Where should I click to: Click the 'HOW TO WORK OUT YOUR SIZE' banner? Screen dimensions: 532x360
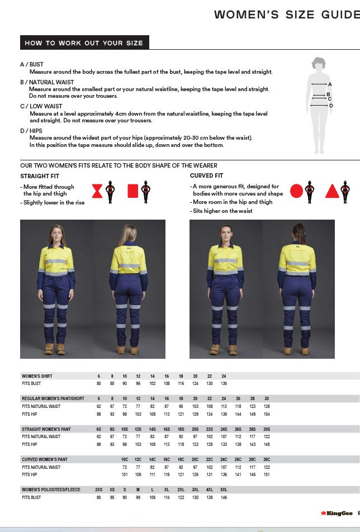coord(84,43)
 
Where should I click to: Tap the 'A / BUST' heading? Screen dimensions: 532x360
coord(32,65)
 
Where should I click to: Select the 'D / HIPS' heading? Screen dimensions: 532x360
coord(31,131)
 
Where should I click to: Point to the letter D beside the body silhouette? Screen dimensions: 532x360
coord(331,105)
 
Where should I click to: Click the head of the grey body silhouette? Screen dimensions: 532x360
coord(319,63)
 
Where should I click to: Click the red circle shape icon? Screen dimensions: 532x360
coord(296,191)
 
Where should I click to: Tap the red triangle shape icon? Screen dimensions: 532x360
coord(332,191)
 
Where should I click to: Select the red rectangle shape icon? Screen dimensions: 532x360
coord(133,191)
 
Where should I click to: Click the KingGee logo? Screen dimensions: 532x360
coord(337,513)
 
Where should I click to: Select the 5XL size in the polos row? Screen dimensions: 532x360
coord(224,490)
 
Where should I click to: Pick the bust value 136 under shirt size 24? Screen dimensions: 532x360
coord(224,383)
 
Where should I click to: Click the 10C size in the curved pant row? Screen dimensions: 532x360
coord(125,459)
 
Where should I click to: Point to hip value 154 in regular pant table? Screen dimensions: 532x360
coord(267,414)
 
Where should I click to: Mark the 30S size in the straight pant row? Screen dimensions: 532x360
coord(267,429)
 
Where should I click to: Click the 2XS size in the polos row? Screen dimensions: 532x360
coord(99,490)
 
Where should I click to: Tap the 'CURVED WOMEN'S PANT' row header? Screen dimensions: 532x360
coord(45,459)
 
